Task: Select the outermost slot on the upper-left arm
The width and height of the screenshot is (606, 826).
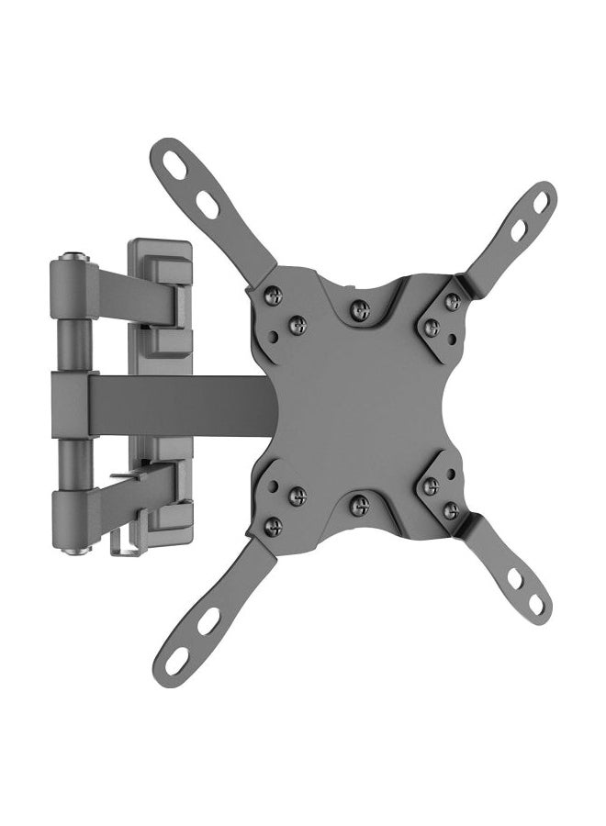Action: [174, 165]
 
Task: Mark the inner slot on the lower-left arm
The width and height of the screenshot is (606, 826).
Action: [208, 620]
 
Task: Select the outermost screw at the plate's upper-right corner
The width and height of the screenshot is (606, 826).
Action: [452, 301]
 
